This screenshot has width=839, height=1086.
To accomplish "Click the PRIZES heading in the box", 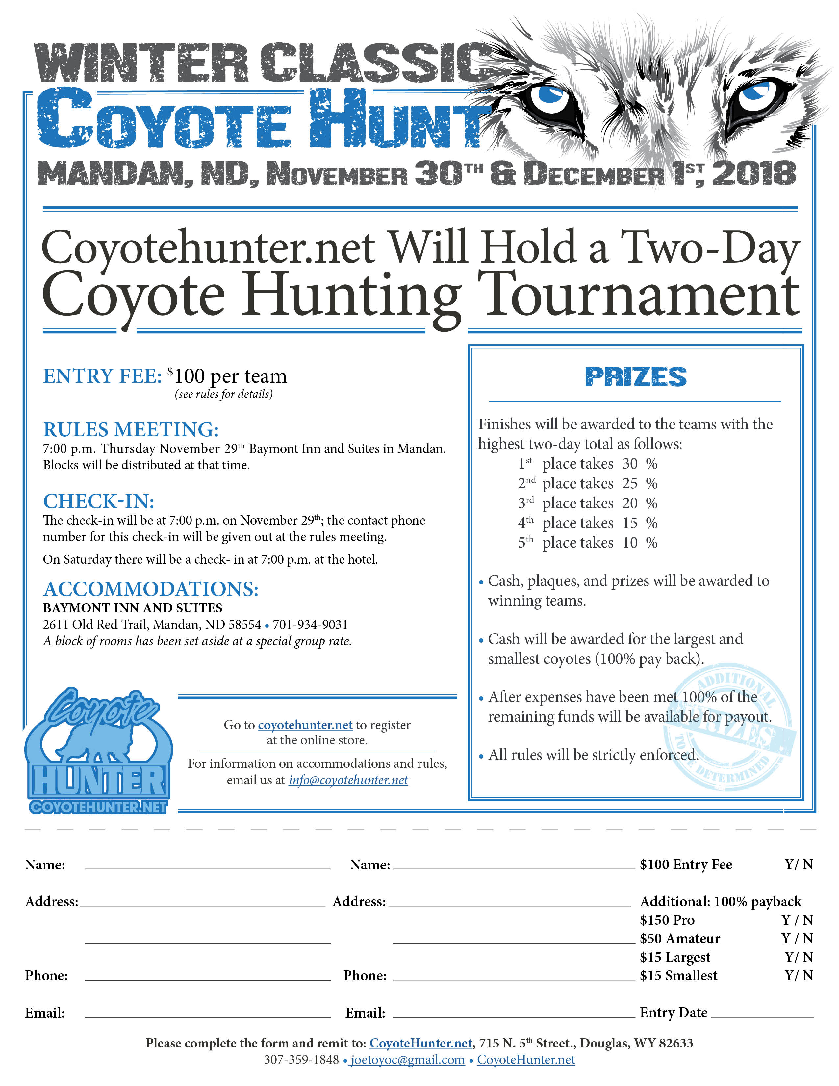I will [635, 377].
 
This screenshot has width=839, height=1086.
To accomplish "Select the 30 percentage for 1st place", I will [630, 464].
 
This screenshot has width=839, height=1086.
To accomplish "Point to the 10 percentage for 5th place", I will [630, 543].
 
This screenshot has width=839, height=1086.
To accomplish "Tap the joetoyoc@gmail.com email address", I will [408, 1060].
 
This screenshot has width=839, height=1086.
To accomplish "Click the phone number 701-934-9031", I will [310, 625].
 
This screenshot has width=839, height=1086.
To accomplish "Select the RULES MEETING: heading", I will [131, 429].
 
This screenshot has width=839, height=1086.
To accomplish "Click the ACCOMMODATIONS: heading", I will [151, 589].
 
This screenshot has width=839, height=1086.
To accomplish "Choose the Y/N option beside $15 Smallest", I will [799, 976].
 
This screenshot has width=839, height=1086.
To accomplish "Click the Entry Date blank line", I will [762, 1014].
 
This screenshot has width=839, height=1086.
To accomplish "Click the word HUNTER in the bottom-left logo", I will [99, 781].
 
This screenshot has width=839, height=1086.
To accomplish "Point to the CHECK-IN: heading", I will [98, 501].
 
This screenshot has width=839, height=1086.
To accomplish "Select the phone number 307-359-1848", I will [301, 1060].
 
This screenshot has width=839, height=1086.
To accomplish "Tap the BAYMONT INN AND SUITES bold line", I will [133, 608].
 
